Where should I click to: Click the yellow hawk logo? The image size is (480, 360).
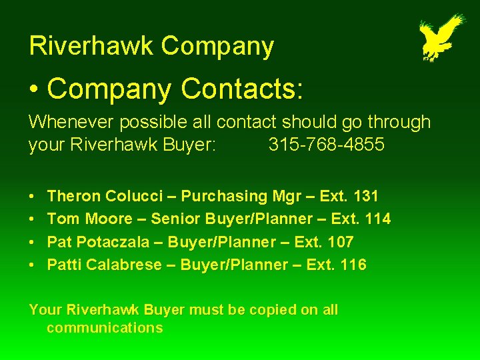coord(441,37)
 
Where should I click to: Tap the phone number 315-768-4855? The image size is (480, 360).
coord(326,145)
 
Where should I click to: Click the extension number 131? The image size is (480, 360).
coord(366,196)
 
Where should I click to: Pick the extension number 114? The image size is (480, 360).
coord(378,219)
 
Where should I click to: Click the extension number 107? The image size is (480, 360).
coord(341,241)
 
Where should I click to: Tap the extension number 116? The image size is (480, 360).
coord(353,264)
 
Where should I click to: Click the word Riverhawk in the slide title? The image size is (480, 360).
coord(91,46)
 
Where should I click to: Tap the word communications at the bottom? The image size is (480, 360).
coord(104,327)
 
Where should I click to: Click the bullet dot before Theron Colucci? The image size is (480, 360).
coord(33,197)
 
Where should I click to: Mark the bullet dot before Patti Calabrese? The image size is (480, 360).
coord(33,265)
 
